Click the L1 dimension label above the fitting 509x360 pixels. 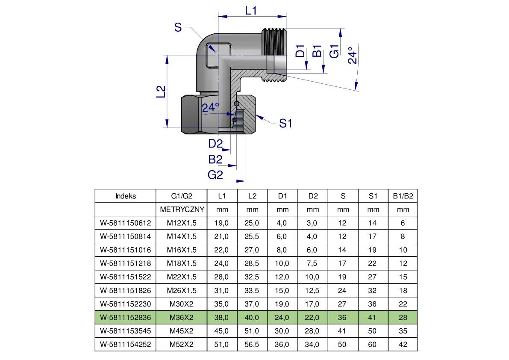(251, 10)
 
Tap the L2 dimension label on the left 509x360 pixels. (160, 91)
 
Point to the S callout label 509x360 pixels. (178, 28)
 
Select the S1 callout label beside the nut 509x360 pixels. (285, 124)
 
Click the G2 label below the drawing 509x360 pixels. (215, 174)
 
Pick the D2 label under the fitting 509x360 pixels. (215, 144)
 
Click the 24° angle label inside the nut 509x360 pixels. (210, 107)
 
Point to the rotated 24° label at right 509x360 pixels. (352, 55)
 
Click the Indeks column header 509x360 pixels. (125, 196)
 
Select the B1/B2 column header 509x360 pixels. (403, 196)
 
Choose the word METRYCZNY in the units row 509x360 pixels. (182, 210)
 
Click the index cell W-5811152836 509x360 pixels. (125, 317)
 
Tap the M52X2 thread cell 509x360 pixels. (182, 344)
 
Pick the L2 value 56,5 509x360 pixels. (252, 344)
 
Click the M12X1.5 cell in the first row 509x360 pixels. (182, 223)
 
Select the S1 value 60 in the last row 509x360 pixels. (373, 344)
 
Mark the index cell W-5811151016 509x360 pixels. (125, 250)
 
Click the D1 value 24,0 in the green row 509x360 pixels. (282, 317)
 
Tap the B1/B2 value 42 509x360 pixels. (403, 344)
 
